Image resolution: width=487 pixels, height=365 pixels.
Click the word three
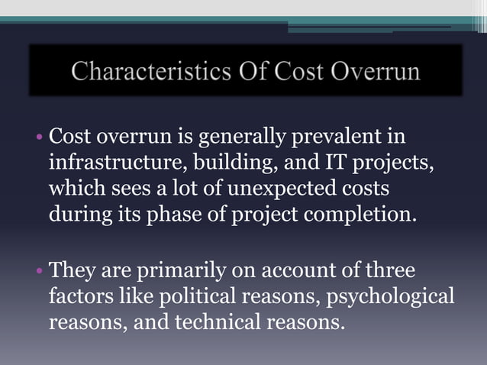tap(386, 270)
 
